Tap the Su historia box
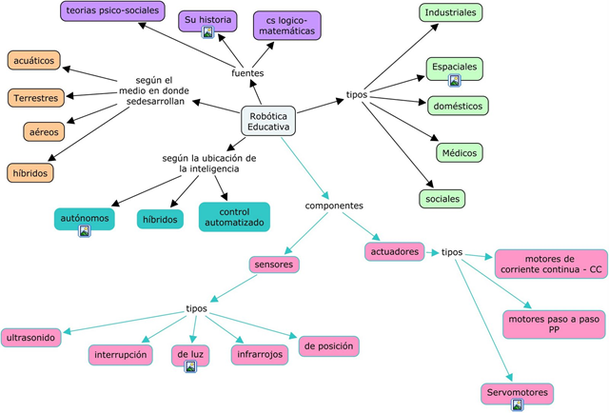(207, 19)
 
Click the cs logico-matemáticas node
(287, 26)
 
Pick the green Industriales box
(450, 12)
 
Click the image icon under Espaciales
(455, 81)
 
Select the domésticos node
(459, 106)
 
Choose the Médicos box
(459, 152)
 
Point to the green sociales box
(442, 199)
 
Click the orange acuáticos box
(35, 61)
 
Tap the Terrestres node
(37, 97)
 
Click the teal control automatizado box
(234, 217)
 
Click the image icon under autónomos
(84, 230)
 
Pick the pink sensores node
(275, 264)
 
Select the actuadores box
(394, 252)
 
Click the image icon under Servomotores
(518, 404)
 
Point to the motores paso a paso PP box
(554, 324)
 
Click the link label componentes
(333, 205)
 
